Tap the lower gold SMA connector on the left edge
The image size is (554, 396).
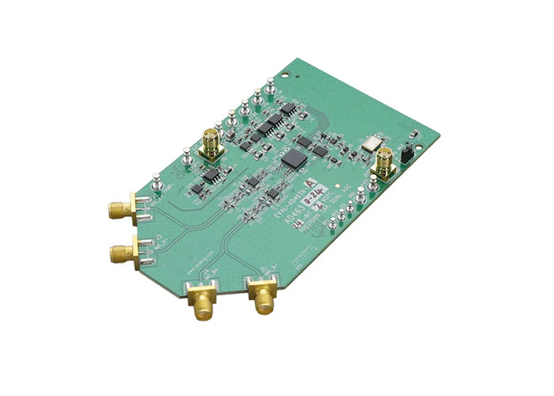pyautogui.click(x=120, y=253)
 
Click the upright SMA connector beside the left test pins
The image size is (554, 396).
pyautogui.click(x=212, y=146)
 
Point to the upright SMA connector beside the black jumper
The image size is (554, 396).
pyautogui.click(x=384, y=161)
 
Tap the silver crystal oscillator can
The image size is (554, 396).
pyautogui.click(x=368, y=144)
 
